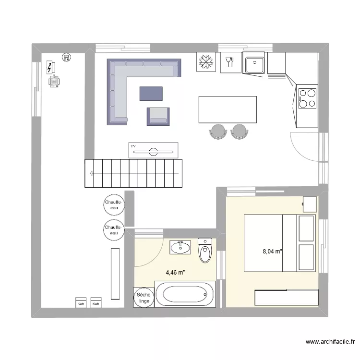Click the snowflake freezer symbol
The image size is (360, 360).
tap(206, 62)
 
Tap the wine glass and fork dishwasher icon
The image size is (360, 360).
tap(229, 62)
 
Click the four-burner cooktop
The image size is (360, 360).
tap(307, 98)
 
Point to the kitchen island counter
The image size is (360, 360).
tap(227, 109)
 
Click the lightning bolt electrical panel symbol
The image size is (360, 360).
tap(50, 67)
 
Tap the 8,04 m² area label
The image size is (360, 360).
tap(272, 251)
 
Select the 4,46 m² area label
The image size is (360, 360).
tap(175, 273)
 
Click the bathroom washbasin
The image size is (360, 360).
tap(180, 247)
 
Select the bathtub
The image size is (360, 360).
tap(185, 294)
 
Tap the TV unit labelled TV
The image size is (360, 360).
tap(154, 150)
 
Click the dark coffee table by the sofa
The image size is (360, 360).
tap(151, 93)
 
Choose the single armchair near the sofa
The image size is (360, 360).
tap(158, 116)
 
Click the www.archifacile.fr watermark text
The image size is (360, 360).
tap(330, 342)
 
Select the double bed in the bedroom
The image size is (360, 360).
tap(279, 242)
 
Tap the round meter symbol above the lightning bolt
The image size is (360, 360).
tap(66, 58)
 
